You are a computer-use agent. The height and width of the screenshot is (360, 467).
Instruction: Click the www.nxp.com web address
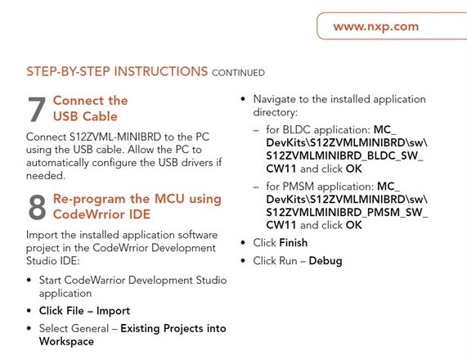[x=376, y=26]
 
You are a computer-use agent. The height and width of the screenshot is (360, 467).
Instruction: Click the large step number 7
[x=37, y=110]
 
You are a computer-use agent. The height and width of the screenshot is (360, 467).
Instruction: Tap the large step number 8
[x=38, y=207]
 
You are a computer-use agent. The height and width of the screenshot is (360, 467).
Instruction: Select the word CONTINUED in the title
[x=238, y=73]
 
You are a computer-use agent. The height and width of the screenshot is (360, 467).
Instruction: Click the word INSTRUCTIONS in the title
[x=161, y=71]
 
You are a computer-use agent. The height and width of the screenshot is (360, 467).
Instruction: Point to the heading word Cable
[x=100, y=116]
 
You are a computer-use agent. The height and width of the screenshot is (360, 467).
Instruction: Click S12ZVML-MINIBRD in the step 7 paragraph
[x=115, y=137]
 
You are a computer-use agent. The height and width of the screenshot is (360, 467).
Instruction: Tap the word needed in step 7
[x=46, y=176]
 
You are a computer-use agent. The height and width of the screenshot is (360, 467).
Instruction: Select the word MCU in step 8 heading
[x=169, y=199]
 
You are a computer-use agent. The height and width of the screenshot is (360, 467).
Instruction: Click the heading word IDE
[x=140, y=214]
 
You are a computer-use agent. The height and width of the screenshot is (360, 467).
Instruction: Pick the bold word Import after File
[x=113, y=311]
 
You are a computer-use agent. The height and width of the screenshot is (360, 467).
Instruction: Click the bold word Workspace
[x=66, y=341]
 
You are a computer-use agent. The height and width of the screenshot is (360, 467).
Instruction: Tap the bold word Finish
[x=294, y=243]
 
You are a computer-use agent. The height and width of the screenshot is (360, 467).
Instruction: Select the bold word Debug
[x=326, y=261]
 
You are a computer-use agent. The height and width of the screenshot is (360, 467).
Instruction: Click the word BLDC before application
[x=296, y=130]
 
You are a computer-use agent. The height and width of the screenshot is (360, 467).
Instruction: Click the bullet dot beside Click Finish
[x=243, y=243]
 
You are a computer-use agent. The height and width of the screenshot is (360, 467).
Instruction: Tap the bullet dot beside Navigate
[x=243, y=99]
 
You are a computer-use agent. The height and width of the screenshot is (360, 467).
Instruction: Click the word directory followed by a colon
[x=276, y=112]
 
